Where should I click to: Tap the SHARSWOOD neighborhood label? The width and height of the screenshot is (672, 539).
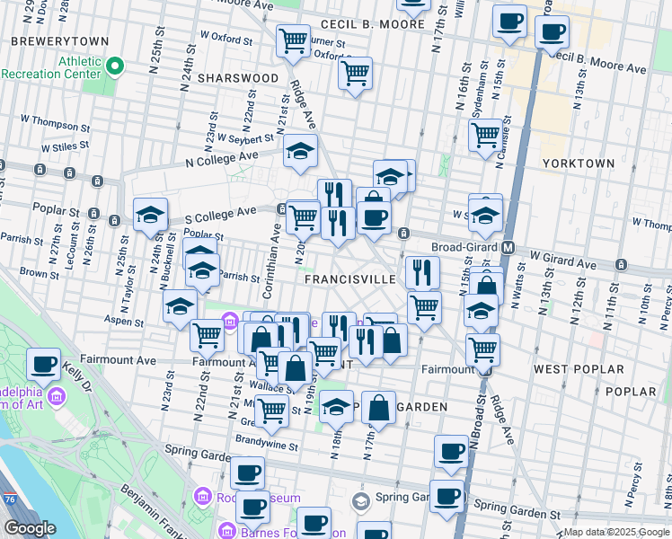click(x=238, y=78)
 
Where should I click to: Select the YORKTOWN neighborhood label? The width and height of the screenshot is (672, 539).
click(x=579, y=163)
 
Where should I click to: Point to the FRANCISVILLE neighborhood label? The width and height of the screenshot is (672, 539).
click(x=350, y=279)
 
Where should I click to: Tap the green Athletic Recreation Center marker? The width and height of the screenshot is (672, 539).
click(x=115, y=66)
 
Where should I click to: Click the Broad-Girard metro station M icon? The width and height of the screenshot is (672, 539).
click(x=508, y=247)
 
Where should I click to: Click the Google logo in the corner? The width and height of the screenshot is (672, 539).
click(x=30, y=528)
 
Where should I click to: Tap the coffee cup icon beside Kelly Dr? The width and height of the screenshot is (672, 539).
click(x=44, y=365)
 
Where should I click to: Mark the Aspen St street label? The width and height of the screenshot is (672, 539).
click(x=125, y=322)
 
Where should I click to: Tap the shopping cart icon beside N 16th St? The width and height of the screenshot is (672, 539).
click(x=485, y=136)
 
